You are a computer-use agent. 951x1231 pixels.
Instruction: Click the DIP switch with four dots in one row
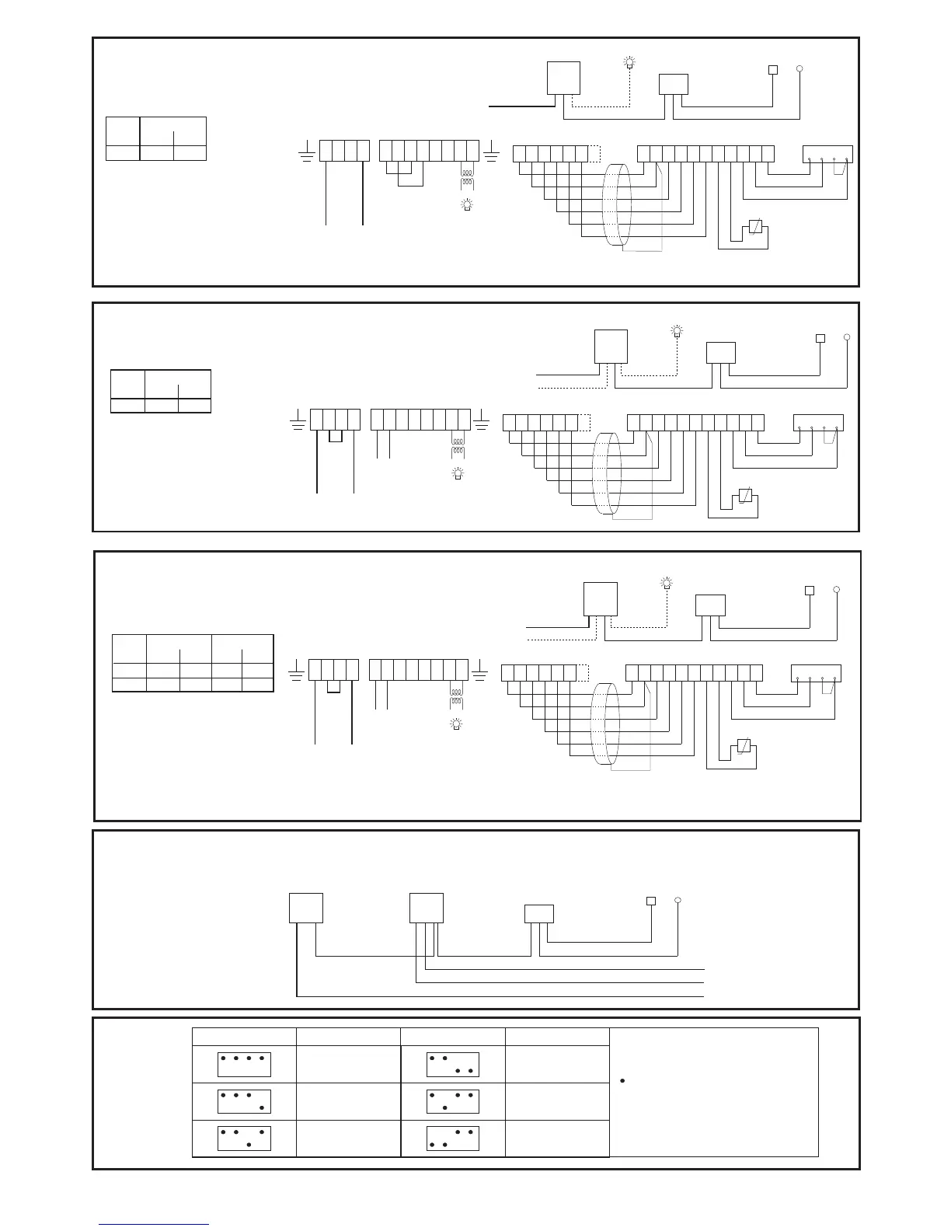(x=244, y=1065)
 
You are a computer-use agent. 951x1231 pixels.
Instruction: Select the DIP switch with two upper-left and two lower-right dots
(x=453, y=1065)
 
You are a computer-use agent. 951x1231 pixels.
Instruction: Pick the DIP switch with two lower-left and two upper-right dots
(x=453, y=1139)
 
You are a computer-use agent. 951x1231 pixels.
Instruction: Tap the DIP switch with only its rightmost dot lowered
(x=244, y=1101)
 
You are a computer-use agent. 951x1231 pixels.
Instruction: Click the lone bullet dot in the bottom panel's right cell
(x=624, y=1082)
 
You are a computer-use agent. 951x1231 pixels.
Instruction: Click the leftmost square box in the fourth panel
(x=305, y=908)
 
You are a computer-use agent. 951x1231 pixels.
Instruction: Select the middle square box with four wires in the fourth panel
(x=426, y=908)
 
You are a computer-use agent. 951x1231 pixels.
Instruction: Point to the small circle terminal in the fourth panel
(x=678, y=901)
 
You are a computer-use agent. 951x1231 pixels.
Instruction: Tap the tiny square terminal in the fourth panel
(x=651, y=901)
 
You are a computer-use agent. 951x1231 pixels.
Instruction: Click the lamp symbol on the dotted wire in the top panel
(x=630, y=61)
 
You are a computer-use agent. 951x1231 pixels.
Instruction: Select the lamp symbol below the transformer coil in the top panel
(x=467, y=204)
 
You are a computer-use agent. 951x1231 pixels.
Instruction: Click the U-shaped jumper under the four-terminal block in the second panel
(x=336, y=436)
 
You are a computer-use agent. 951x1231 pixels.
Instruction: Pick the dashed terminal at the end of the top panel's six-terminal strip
(x=594, y=154)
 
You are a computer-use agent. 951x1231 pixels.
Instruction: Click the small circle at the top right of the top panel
(x=799, y=68)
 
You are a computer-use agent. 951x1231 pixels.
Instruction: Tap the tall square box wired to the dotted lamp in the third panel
(x=600, y=598)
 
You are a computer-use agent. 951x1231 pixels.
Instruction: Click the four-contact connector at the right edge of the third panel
(x=816, y=674)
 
